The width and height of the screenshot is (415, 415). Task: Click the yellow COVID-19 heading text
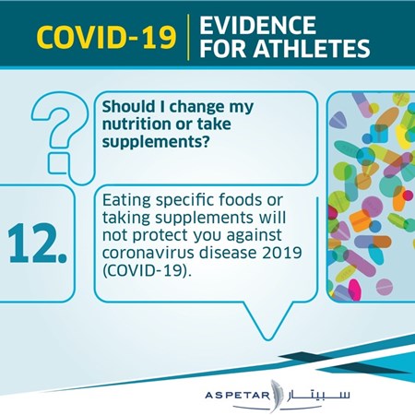pos(106,38)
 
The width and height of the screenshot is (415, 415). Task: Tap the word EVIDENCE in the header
pos(257,25)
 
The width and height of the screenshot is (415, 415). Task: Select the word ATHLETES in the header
pos(312,48)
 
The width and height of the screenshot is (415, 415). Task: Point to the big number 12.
pos(37,243)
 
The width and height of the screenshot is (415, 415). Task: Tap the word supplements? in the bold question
pos(156,142)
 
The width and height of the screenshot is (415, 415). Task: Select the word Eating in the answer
pos(126,201)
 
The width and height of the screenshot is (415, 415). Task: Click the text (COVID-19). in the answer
pos(147,271)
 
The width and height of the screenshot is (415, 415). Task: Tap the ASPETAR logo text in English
pos(237,395)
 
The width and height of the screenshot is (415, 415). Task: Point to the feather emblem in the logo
pos(276,396)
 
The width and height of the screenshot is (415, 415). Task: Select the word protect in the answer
pos(161,236)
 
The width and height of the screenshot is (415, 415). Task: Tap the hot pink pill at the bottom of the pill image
pos(354,290)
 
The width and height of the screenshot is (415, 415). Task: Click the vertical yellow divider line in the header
pos(188,37)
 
